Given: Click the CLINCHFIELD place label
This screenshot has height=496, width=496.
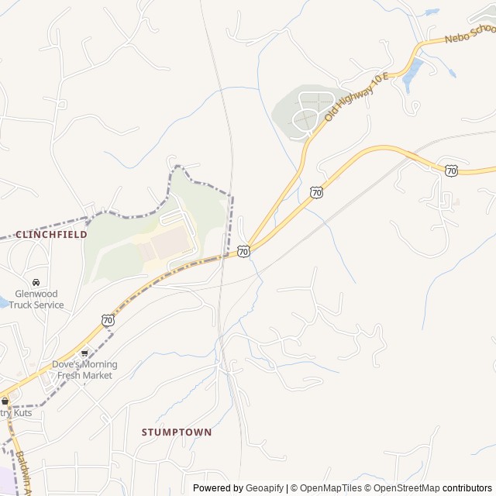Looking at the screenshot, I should [x=51, y=234].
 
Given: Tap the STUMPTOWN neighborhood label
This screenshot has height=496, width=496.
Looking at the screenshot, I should [x=177, y=432].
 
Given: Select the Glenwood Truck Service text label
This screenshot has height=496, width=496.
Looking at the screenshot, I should [x=36, y=299].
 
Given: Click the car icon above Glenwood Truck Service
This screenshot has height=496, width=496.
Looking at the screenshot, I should [x=36, y=282].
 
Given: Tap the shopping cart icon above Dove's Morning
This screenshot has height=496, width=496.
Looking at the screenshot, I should [x=84, y=353].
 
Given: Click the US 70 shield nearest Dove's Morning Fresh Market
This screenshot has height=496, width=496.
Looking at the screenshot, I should [x=108, y=319].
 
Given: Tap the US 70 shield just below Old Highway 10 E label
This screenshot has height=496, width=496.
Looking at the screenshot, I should [x=316, y=191].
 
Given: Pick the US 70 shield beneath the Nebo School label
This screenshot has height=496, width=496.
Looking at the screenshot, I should [x=451, y=170].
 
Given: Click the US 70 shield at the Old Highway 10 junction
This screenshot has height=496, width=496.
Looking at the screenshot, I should [x=243, y=252].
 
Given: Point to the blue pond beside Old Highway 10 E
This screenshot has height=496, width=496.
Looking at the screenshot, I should [x=412, y=74].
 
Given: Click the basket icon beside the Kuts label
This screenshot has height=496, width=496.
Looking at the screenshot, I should [x=5, y=401].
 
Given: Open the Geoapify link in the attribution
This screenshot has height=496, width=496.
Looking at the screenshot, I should [x=264, y=488].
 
